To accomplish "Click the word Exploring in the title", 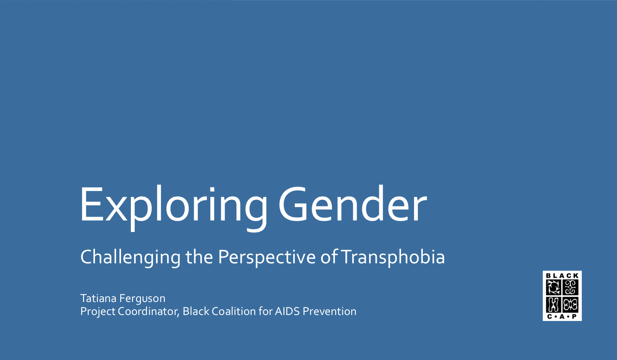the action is point(174,207).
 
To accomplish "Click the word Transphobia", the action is point(393,257).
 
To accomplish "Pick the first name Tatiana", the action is point(98,298).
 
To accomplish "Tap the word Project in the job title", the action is point(98,312).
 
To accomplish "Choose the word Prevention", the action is point(329,311).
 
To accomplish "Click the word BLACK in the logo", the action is point(562,276).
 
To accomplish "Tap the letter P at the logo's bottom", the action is point(574,316).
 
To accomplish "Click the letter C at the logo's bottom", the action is point(549,316).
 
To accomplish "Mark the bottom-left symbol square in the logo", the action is point(553,305).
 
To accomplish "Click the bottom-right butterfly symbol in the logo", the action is point(571,305).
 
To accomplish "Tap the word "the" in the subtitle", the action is point(199,257).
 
